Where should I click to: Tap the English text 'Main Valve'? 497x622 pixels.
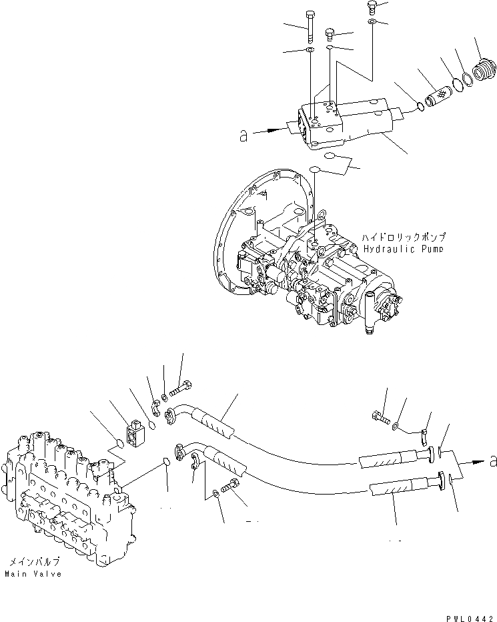(x=33, y=574)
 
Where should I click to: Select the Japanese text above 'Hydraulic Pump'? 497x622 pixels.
(x=404, y=237)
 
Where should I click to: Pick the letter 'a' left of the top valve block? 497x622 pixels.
(x=243, y=136)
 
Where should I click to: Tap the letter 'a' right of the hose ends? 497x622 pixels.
(x=493, y=460)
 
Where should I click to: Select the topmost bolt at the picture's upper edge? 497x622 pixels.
(x=372, y=8)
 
